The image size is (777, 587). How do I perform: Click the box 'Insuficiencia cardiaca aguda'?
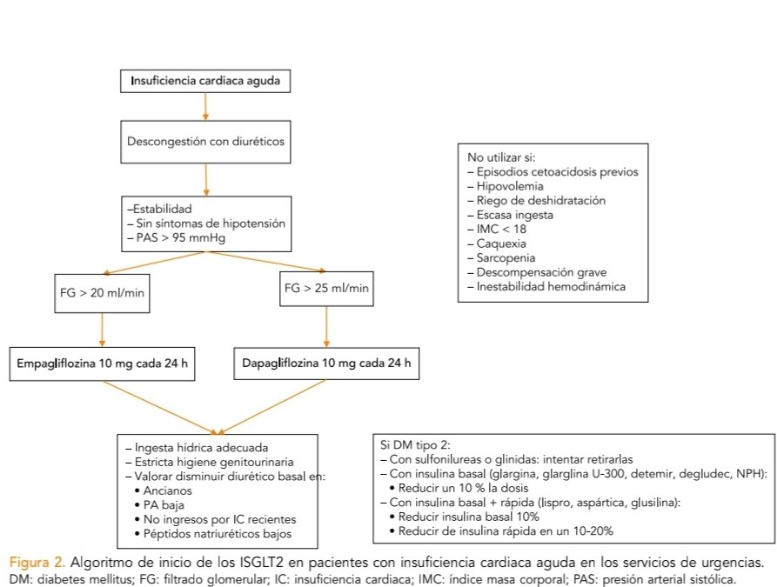pyautogui.click(x=204, y=82)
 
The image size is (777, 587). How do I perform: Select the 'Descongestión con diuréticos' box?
pyautogui.click(x=205, y=141)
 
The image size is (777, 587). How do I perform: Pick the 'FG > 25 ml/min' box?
pyautogui.click(x=325, y=287)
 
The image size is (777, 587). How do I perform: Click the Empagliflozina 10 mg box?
pyautogui.click(x=102, y=363)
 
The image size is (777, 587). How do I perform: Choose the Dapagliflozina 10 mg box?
pyautogui.click(x=326, y=363)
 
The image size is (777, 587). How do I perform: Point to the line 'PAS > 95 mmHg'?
pyautogui.click(x=176, y=237)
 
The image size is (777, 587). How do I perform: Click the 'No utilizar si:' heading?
pyautogui.click(x=502, y=157)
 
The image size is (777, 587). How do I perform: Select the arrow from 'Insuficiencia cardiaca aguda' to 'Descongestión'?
pyautogui.click(x=204, y=104)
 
